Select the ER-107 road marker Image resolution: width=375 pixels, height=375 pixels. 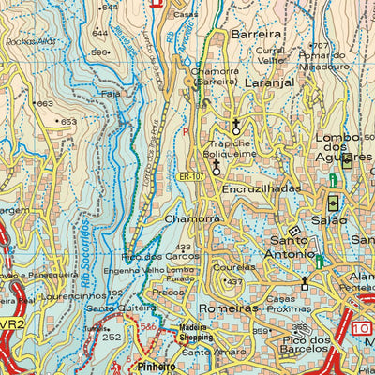(189, 175)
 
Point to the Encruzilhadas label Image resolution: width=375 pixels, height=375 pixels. (262, 187)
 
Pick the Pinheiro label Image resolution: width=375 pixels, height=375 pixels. (157, 366)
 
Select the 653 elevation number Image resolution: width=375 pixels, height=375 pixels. (69, 122)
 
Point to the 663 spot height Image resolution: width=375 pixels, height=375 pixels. (43, 103)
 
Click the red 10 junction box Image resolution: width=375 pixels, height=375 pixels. (362, 328)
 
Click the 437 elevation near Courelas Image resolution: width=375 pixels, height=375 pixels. (235, 282)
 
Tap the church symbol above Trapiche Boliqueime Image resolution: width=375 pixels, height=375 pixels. (236, 125)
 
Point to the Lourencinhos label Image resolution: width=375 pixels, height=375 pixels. (53, 294)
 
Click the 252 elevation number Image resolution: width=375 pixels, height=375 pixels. (112, 336)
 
